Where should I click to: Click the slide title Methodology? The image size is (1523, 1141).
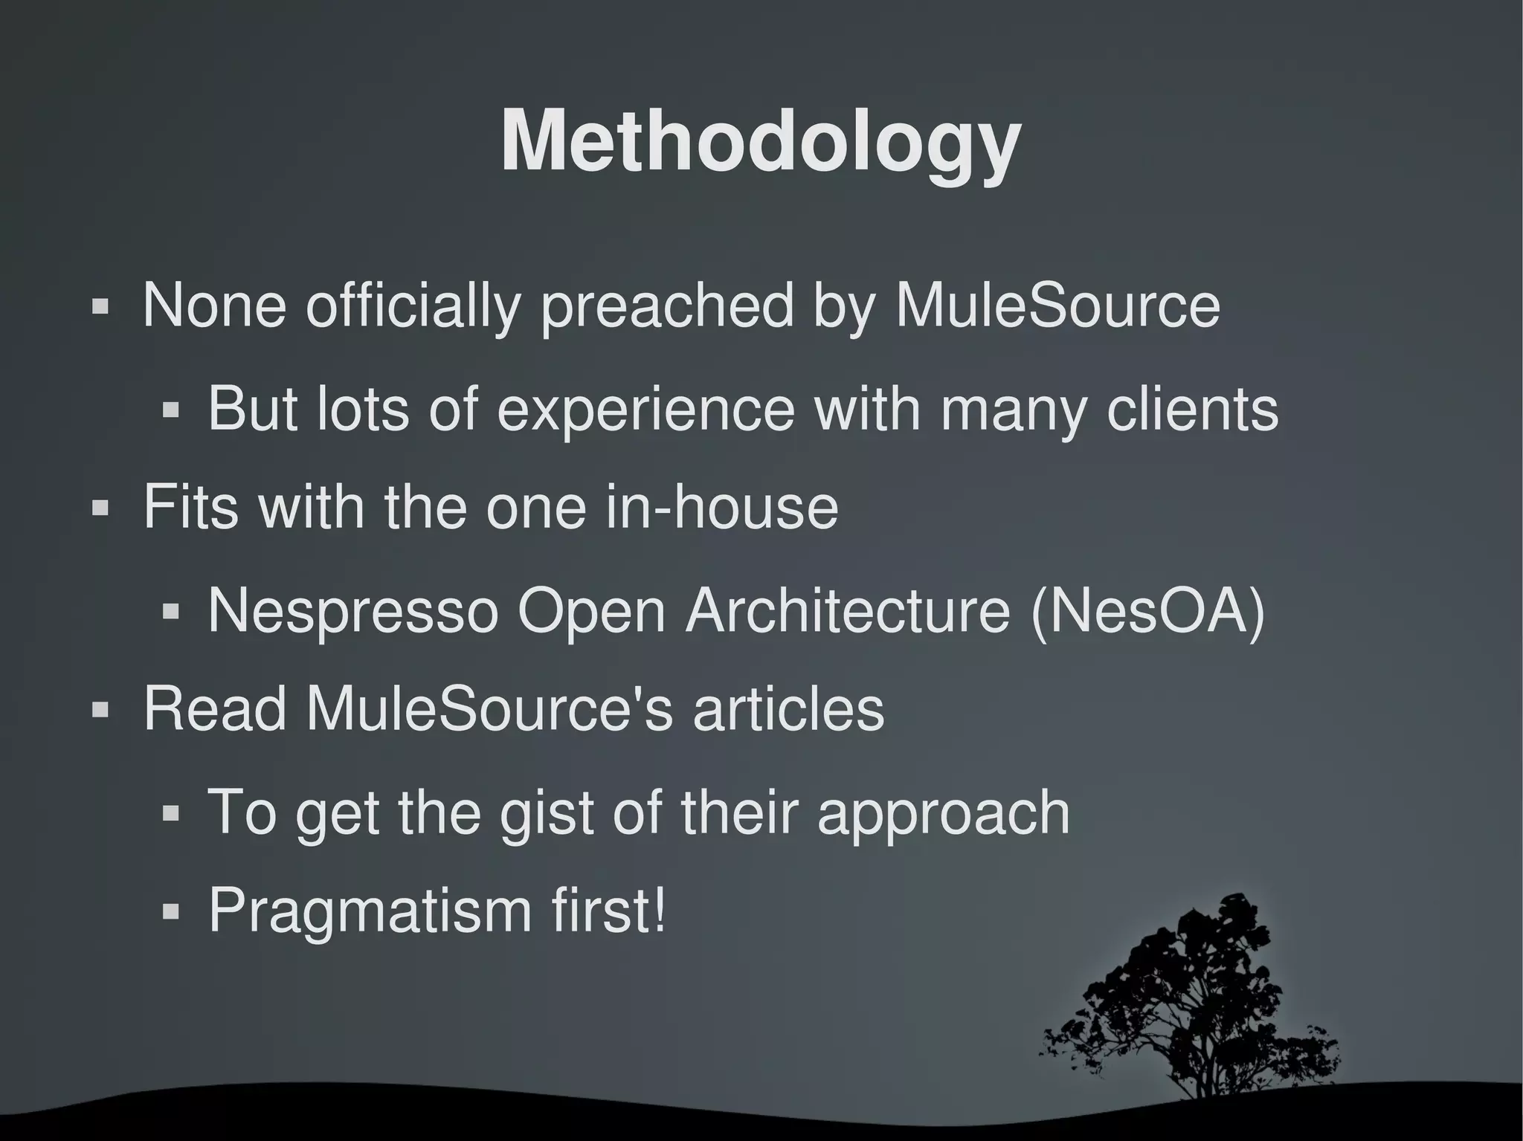tap(760, 141)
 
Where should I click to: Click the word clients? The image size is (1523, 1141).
tap(1192, 409)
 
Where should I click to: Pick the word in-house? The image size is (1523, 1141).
tap(721, 507)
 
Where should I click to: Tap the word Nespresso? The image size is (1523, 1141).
tap(352, 610)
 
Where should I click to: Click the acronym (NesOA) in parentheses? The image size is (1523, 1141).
tap(1147, 611)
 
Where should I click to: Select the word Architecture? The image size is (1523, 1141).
tap(847, 610)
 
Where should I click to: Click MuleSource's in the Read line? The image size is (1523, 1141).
tap(489, 708)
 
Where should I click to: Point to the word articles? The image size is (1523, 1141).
tap(788, 708)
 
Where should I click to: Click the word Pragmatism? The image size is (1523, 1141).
tap(370, 911)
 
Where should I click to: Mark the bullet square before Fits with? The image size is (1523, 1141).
tap(100, 508)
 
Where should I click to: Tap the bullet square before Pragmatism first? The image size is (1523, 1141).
tap(171, 911)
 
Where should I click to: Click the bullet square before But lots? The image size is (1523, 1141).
tap(171, 410)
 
